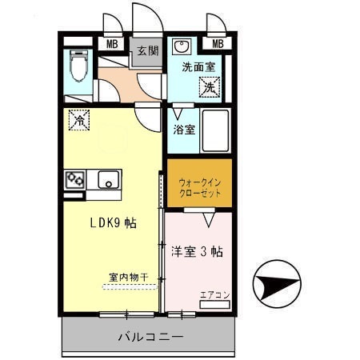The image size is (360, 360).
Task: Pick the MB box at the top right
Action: (218, 44)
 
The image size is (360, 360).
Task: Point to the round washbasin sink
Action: (182, 46)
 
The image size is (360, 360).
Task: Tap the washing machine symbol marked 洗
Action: (210, 86)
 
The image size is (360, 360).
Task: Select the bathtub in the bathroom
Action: (214, 129)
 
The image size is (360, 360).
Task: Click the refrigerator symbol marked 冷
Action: (80, 119)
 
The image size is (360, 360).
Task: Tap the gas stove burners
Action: (75, 178)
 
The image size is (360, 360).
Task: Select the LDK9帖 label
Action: (113, 223)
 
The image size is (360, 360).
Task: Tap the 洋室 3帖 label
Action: (197, 250)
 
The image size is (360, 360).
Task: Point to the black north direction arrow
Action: (277, 283)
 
